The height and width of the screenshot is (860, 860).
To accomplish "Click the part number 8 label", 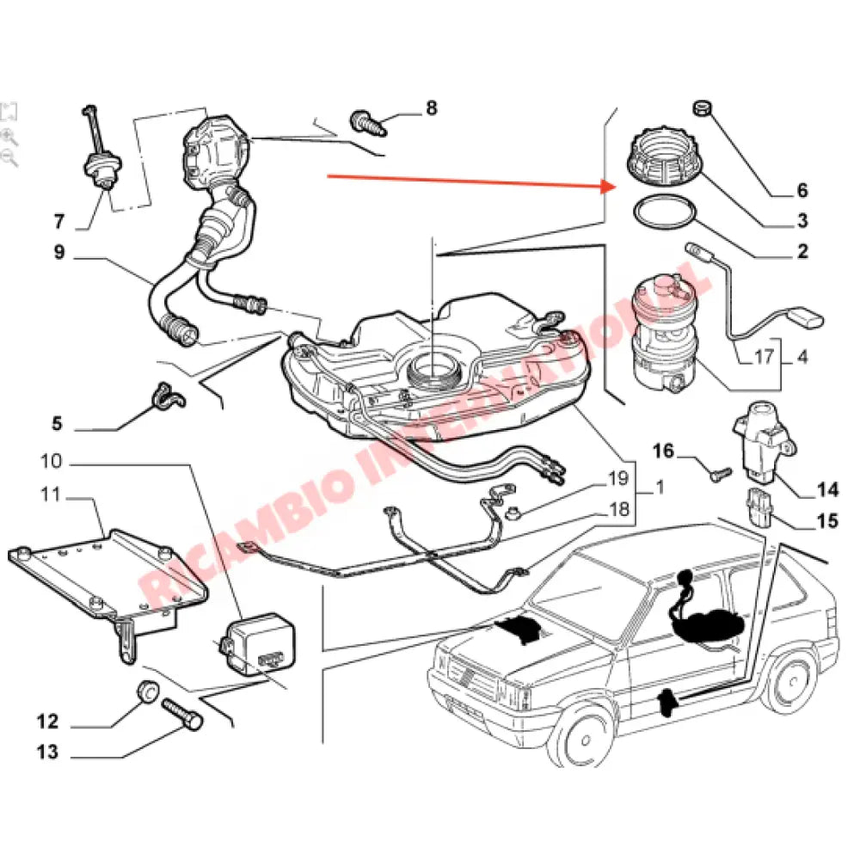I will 431,107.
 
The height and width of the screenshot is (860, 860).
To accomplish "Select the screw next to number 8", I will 367,120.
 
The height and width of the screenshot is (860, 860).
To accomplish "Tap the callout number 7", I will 58,222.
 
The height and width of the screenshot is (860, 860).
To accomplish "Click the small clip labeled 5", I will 163,396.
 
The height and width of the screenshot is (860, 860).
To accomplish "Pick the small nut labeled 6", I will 703,108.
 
